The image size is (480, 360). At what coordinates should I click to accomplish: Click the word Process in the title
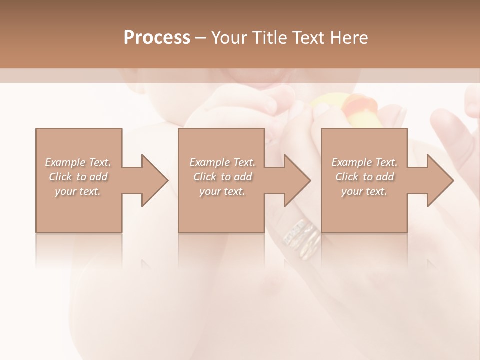[x=157, y=38]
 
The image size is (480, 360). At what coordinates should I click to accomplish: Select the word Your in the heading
[x=231, y=38]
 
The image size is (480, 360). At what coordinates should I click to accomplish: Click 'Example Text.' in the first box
[x=78, y=162]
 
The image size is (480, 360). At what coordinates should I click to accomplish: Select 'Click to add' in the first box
[x=78, y=177]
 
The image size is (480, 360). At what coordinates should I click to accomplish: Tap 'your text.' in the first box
[x=78, y=191]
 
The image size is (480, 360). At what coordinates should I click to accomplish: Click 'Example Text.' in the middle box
[x=222, y=162]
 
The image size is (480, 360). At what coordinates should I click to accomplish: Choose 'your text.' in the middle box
[x=222, y=191]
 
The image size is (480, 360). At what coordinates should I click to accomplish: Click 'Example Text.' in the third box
[x=365, y=162]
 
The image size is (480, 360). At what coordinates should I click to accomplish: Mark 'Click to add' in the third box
[x=365, y=177]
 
